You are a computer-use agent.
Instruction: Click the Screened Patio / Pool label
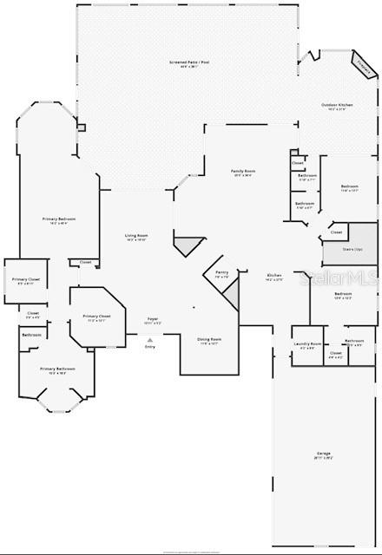tap(188, 63)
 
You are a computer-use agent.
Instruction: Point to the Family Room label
tap(242, 172)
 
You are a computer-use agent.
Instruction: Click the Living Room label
tap(136, 237)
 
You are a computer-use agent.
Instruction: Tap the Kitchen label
tap(273, 277)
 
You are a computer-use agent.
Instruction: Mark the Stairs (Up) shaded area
tap(350, 251)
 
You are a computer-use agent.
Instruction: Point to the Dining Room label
tap(208, 340)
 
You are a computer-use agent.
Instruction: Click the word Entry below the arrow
tap(149, 347)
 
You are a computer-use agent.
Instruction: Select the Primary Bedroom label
tap(60, 219)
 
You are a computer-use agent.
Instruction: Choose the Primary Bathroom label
tap(57, 369)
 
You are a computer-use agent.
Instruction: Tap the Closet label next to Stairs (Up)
tap(336, 232)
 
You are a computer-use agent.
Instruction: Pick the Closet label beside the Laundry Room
tap(335, 354)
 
